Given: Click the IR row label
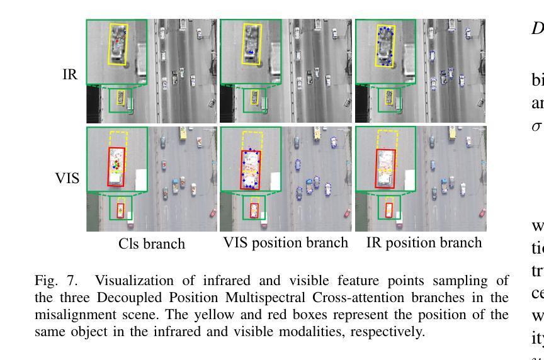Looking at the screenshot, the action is point(70,74).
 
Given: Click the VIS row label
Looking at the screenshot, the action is point(67,178).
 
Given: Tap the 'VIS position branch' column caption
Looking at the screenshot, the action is point(286,243).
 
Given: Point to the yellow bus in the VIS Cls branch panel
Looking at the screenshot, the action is point(183,133).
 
